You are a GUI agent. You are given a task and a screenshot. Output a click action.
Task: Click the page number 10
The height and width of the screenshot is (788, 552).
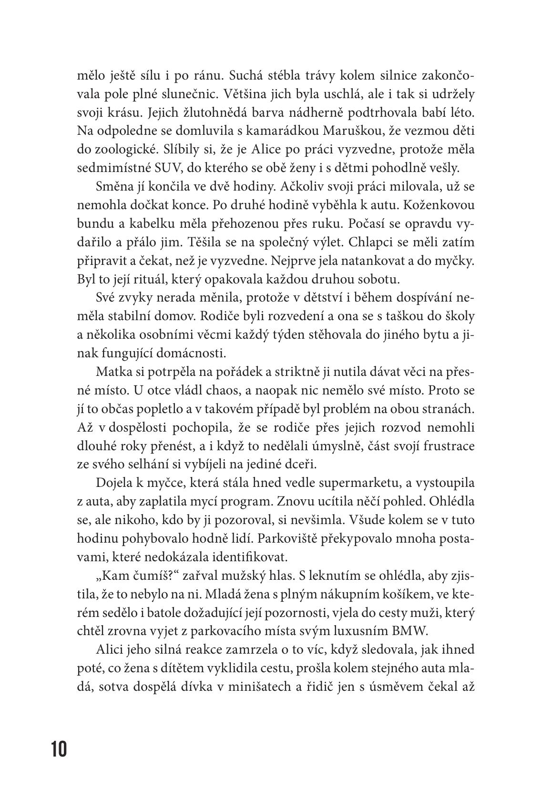click(x=60, y=749)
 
